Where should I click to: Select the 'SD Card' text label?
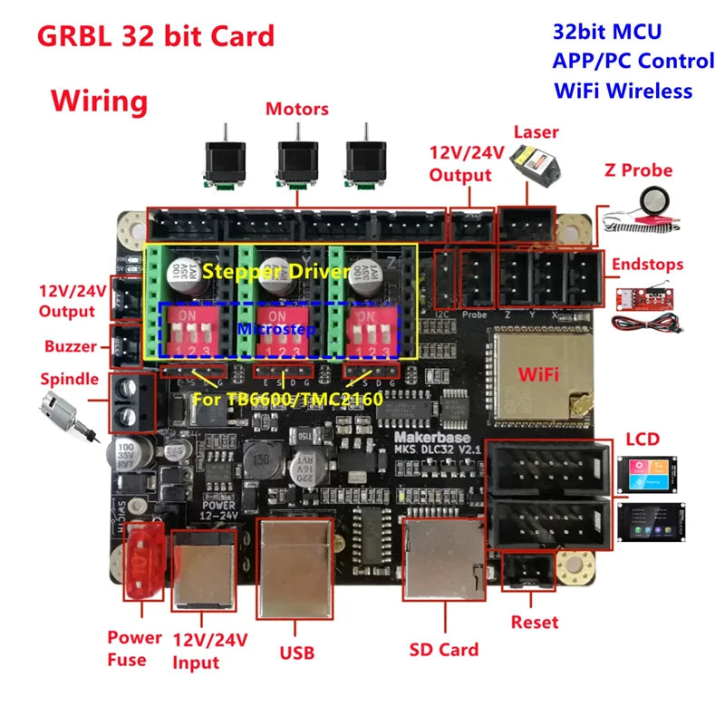[x=445, y=649]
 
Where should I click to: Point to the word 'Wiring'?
[x=99, y=101]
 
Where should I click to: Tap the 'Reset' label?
[x=535, y=623]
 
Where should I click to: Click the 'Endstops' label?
[x=647, y=265]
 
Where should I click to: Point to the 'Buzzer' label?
[x=70, y=346]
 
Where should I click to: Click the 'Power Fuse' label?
[x=134, y=648]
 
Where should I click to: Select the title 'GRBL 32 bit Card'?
[x=154, y=36]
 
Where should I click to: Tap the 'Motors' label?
[x=296, y=109]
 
